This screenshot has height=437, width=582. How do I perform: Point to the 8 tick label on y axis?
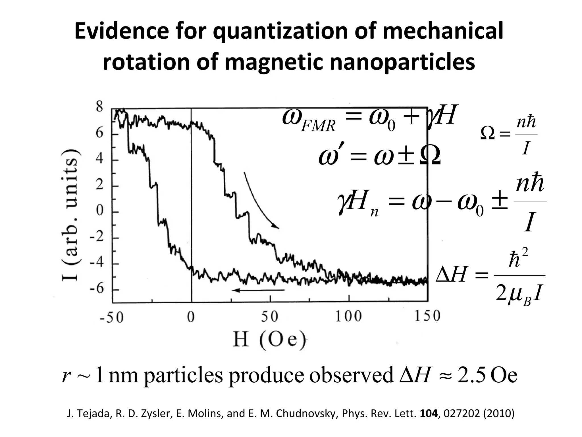click(x=99, y=107)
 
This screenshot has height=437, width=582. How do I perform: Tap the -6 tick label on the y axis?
click(x=97, y=289)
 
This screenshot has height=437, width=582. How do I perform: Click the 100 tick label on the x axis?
click(x=348, y=316)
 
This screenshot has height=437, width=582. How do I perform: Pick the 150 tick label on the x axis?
click(x=427, y=316)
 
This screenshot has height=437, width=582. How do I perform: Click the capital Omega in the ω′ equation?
click(x=430, y=156)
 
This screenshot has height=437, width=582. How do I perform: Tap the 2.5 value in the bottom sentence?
click(x=471, y=376)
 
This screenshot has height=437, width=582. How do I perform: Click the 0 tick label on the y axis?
click(x=99, y=211)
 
